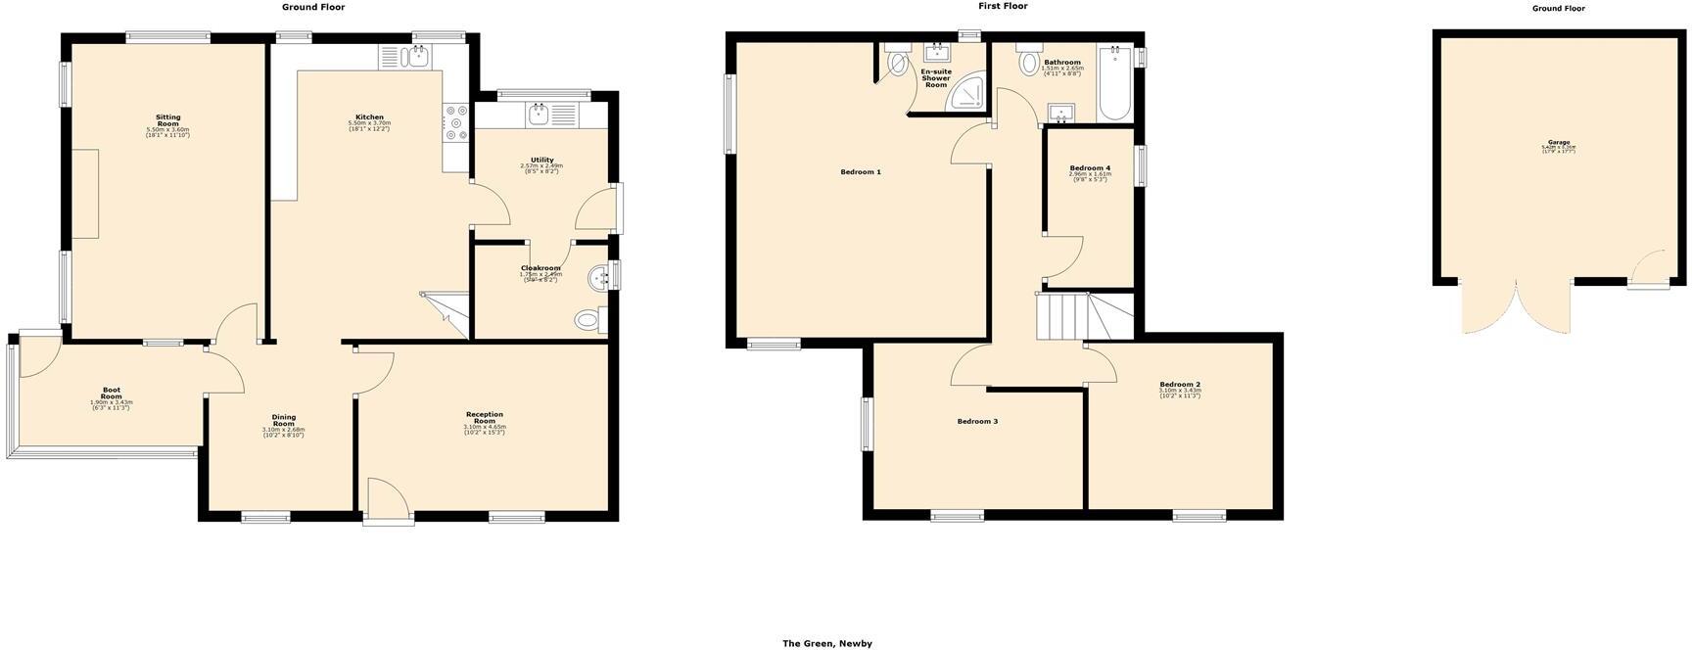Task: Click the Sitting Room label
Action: click(167, 120)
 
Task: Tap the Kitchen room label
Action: click(369, 117)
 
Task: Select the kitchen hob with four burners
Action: click(455, 123)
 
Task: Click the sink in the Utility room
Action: click(538, 116)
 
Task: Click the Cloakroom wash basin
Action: click(599, 280)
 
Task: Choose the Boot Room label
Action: click(112, 393)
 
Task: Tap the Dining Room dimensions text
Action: click(283, 433)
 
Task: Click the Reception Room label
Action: click(485, 417)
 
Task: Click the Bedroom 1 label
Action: click(861, 172)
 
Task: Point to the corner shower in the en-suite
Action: click(970, 93)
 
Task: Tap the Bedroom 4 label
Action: click(1090, 168)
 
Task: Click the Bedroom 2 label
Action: click(1179, 385)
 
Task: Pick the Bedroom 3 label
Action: click(977, 422)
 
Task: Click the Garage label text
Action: click(1559, 143)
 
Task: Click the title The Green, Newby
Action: click(826, 643)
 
